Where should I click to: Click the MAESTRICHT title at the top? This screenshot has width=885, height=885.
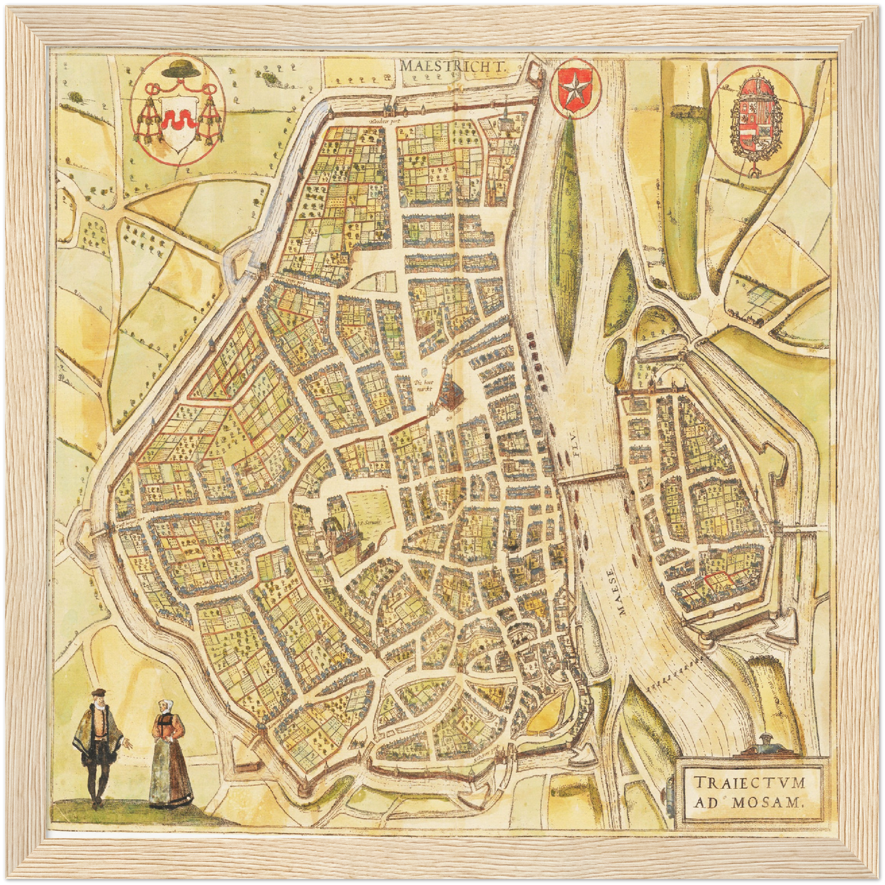(452, 65)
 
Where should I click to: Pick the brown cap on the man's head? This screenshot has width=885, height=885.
(97, 694)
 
